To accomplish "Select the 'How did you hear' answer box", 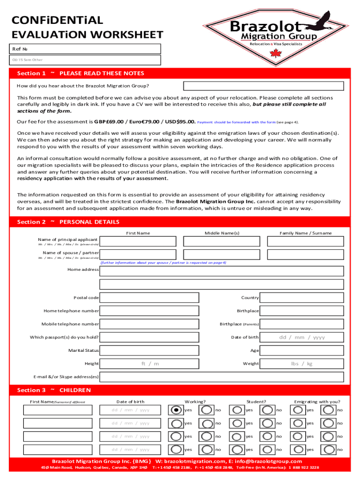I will click(263, 86).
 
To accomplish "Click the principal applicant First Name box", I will click(138, 241).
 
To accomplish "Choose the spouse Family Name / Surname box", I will click(305, 254).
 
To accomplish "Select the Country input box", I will click(302, 298).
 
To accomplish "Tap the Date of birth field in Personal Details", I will click(302, 337).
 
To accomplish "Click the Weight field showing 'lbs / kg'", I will click(302, 363).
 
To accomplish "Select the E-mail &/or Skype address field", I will click(222, 377).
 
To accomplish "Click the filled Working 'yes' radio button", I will click(176, 410).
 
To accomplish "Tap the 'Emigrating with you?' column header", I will click(317, 402).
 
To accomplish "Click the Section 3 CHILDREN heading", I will click(54, 390).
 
